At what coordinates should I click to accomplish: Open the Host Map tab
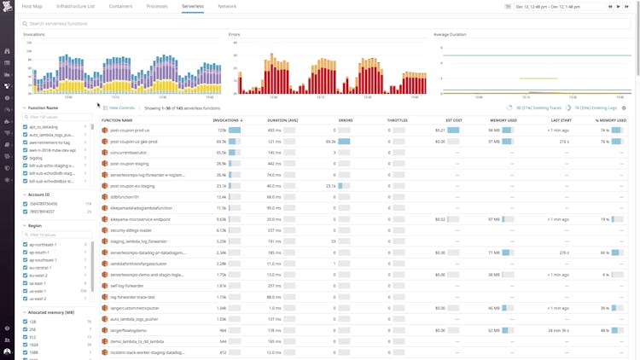coord(32,6)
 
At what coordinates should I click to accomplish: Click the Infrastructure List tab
coord(78,6)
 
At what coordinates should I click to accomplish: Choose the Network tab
coord(227,6)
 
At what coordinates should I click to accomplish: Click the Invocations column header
coord(226,120)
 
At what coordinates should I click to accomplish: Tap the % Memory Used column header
coord(612,120)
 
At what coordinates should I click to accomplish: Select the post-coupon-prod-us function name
coord(131,131)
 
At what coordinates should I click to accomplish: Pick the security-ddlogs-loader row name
coord(131,229)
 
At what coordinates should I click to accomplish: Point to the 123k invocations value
coord(221,131)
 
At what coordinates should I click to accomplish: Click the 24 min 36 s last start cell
coord(558,330)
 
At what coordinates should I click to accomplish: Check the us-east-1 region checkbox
coord(25,291)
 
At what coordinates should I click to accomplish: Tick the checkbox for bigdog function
coord(25,158)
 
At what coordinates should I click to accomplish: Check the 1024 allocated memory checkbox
coord(25,345)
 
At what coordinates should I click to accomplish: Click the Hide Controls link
coord(120,108)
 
